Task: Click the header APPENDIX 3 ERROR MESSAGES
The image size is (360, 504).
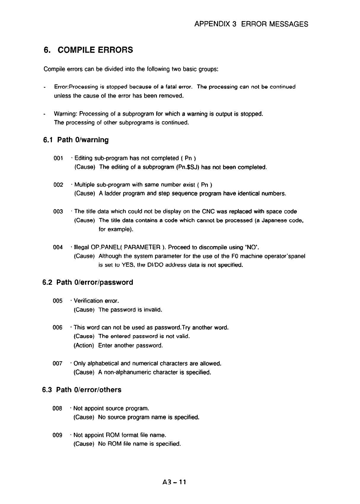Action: click(x=251, y=24)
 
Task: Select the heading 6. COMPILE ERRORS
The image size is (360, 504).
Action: click(x=88, y=50)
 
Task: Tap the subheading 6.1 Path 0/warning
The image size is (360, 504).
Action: click(x=76, y=140)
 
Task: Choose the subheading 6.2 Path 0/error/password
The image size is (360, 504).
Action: click(x=87, y=282)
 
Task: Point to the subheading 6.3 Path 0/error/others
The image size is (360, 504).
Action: click(x=82, y=390)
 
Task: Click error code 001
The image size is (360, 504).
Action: click(x=58, y=158)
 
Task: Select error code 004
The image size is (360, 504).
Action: click(x=58, y=247)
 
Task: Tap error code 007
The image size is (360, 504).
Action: click(x=58, y=364)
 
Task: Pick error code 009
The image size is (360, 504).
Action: click(x=58, y=435)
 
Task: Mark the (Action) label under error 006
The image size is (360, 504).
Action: click(x=84, y=345)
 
